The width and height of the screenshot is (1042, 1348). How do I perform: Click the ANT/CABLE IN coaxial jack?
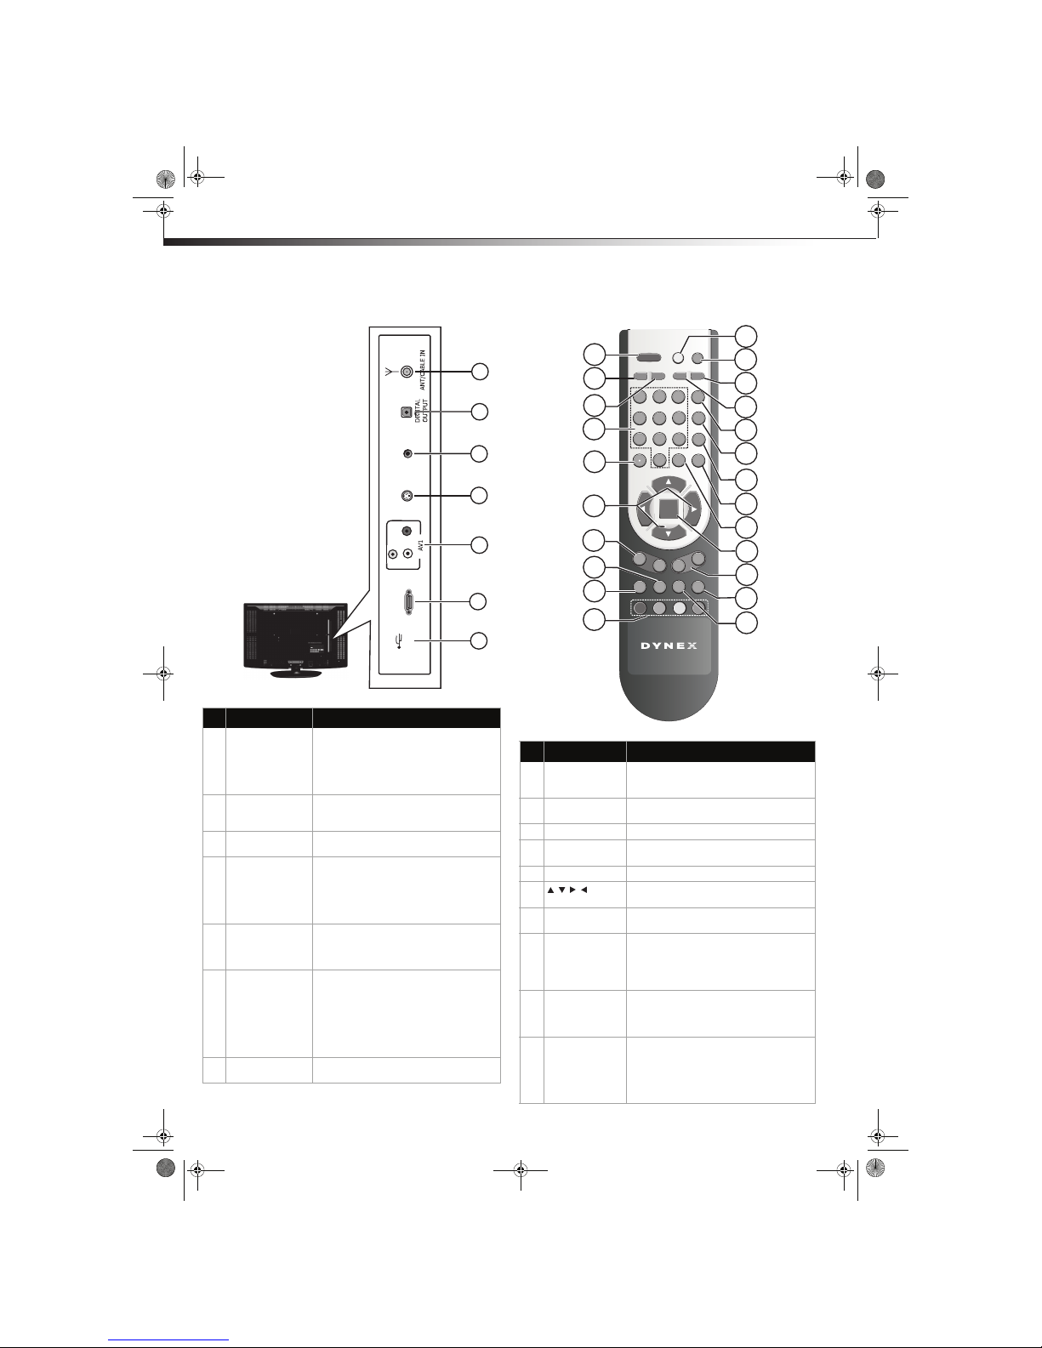pyautogui.click(x=407, y=371)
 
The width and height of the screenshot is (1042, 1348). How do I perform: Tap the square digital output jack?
pyautogui.click(x=407, y=412)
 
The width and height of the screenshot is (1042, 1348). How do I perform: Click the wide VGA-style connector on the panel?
pyautogui.click(x=408, y=602)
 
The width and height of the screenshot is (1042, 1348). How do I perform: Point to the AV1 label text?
pyautogui.click(x=421, y=544)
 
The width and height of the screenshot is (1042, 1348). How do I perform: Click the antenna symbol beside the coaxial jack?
pyautogui.click(x=388, y=372)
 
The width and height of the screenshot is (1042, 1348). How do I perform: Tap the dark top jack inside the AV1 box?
pyautogui.click(x=407, y=531)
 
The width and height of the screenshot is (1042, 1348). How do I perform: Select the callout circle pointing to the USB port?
pyautogui.click(x=478, y=640)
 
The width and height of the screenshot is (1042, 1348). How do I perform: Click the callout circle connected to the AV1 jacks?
pyautogui.click(x=479, y=544)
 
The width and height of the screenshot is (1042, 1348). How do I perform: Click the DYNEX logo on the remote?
pyautogui.click(x=669, y=646)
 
